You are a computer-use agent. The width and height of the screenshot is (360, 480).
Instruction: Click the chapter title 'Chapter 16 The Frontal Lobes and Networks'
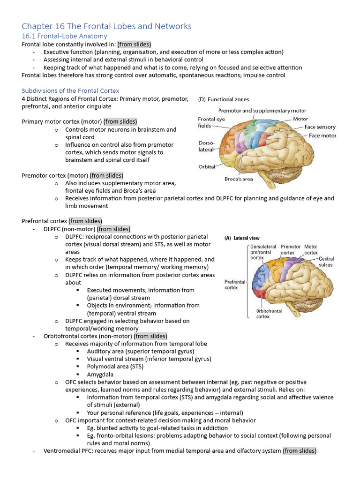coord(106,26)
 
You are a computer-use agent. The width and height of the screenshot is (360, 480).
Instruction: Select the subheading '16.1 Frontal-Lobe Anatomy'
coord(65,36)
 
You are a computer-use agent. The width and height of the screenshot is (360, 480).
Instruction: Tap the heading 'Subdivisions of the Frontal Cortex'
coord(70,90)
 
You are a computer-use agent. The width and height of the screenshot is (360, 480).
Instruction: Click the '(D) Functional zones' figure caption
coord(224,99)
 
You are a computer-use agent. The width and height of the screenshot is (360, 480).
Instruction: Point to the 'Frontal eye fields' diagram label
coord(211,122)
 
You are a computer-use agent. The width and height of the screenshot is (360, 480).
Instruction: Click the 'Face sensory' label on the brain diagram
coord(320,127)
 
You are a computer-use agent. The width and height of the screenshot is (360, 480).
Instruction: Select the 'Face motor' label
coord(322,135)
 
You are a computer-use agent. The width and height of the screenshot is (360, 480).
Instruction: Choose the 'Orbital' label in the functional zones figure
coord(207,166)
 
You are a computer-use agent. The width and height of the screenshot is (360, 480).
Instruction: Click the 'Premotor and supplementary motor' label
coord(262,111)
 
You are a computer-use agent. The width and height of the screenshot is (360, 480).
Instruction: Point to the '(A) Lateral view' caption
coord(242,238)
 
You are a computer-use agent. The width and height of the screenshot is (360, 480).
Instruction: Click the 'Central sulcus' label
coord(326,262)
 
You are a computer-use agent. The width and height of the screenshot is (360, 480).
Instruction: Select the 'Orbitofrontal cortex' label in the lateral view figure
coord(269,314)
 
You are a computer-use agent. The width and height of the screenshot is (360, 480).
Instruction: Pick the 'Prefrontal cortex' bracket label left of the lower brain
coord(235,285)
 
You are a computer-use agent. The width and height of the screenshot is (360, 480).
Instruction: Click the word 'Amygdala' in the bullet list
coord(100,375)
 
